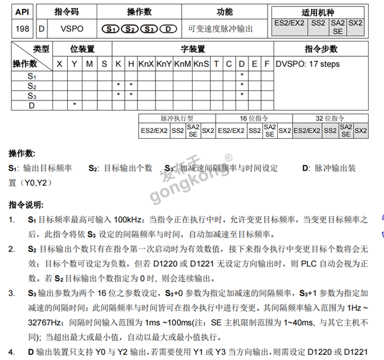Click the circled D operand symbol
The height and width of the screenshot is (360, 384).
(167, 29)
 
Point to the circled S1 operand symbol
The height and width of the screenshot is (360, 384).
(111, 29)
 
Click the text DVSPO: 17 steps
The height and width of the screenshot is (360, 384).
(308, 64)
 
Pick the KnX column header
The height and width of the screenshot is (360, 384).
(146, 64)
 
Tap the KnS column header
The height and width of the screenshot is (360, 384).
(201, 64)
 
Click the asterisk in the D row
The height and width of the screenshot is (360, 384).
(74, 104)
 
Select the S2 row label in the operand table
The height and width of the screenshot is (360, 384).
(31, 85)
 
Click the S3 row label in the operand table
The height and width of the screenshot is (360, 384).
(31, 95)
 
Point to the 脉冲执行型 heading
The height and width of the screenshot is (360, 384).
(177, 119)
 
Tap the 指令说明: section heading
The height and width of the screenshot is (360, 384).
(26, 205)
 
